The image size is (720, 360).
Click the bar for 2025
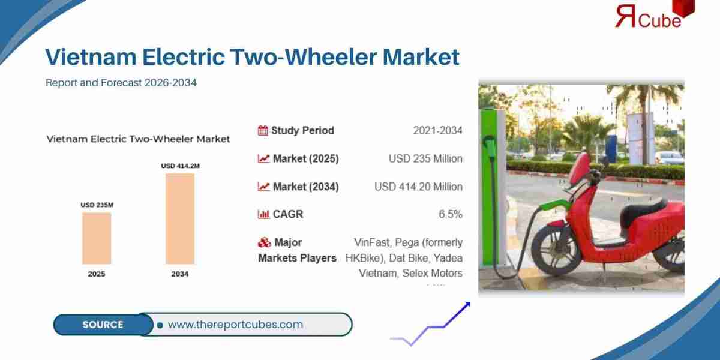(x=97, y=238)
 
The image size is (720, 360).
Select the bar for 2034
(x=180, y=218)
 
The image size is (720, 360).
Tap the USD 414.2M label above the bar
(x=180, y=166)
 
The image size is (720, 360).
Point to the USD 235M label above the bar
(x=97, y=205)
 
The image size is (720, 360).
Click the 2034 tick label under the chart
(x=180, y=274)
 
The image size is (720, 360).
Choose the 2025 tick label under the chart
(x=97, y=274)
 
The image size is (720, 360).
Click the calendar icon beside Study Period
(x=263, y=130)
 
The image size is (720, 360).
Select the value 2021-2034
(x=437, y=130)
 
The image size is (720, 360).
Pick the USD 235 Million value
(x=425, y=158)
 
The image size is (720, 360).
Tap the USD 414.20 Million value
(x=418, y=187)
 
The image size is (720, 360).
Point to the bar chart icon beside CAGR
(x=263, y=214)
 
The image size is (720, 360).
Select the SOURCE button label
(x=103, y=325)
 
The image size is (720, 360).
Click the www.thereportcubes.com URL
(x=235, y=325)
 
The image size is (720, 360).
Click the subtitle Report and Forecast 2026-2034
(x=121, y=83)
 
